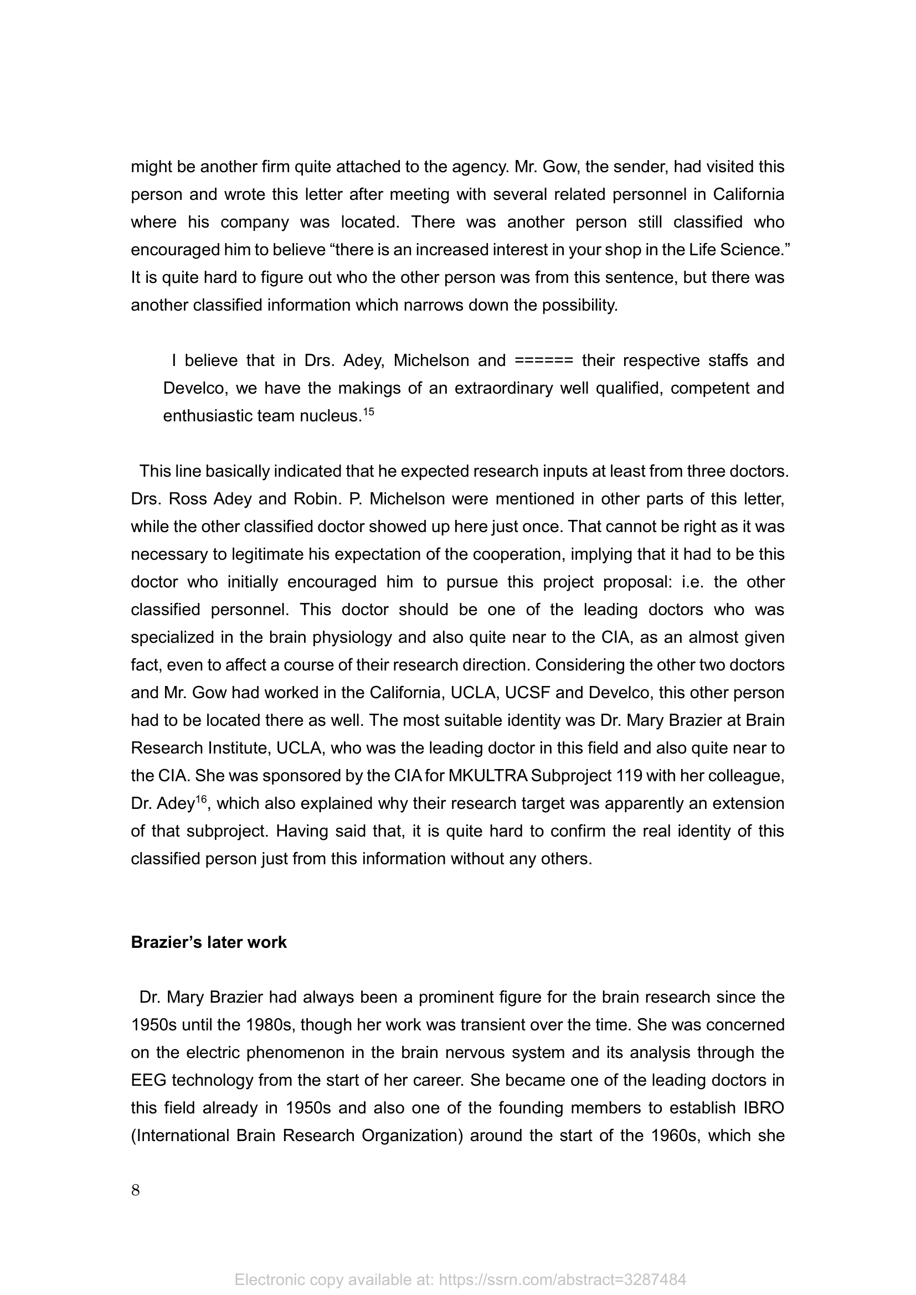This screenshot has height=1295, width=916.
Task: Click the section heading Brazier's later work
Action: click(209, 942)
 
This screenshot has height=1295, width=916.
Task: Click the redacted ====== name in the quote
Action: click(544, 360)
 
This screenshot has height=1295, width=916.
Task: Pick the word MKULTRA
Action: click(488, 776)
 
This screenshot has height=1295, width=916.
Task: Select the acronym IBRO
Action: click(760, 1108)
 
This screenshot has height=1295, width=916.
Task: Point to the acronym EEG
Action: click(148, 1080)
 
